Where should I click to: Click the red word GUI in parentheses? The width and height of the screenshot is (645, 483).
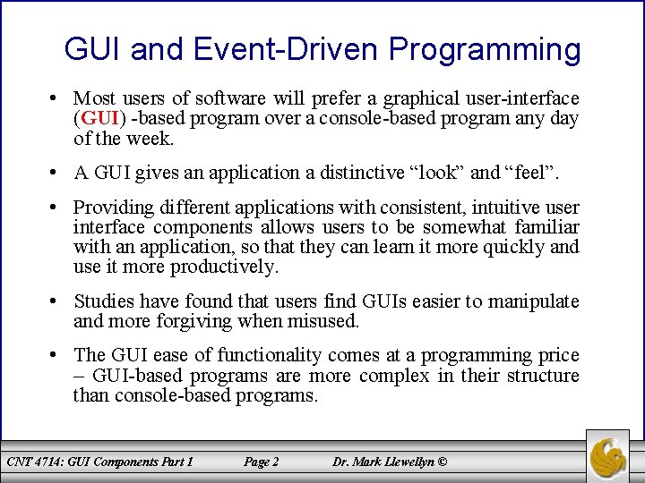pyautogui.click(x=100, y=118)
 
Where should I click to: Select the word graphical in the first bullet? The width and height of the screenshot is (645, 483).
pyautogui.click(x=421, y=99)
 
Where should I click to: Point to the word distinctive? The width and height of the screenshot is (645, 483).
pyautogui.click(x=362, y=172)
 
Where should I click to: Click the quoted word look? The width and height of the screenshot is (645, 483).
pyautogui.click(x=438, y=172)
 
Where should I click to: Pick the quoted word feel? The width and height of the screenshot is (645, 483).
pyautogui.click(x=529, y=172)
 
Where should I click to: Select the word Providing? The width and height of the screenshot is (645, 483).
pyautogui.click(x=114, y=208)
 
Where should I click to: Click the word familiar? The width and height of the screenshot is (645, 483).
pyautogui.click(x=546, y=226)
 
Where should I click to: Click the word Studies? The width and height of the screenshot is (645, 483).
pyautogui.click(x=104, y=301)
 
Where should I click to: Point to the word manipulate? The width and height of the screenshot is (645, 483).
pyautogui.click(x=533, y=302)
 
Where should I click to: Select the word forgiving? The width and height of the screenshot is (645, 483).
pyautogui.click(x=194, y=322)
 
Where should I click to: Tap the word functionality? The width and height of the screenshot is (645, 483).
pyautogui.click(x=269, y=356)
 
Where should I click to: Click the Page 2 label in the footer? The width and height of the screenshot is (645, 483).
pyautogui.click(x=261, y=462)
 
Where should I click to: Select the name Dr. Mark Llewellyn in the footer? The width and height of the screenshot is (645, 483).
pyautogui.click(x=383, y=462)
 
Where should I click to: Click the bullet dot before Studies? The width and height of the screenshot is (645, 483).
pyautogui.click(x=52, y=301)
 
